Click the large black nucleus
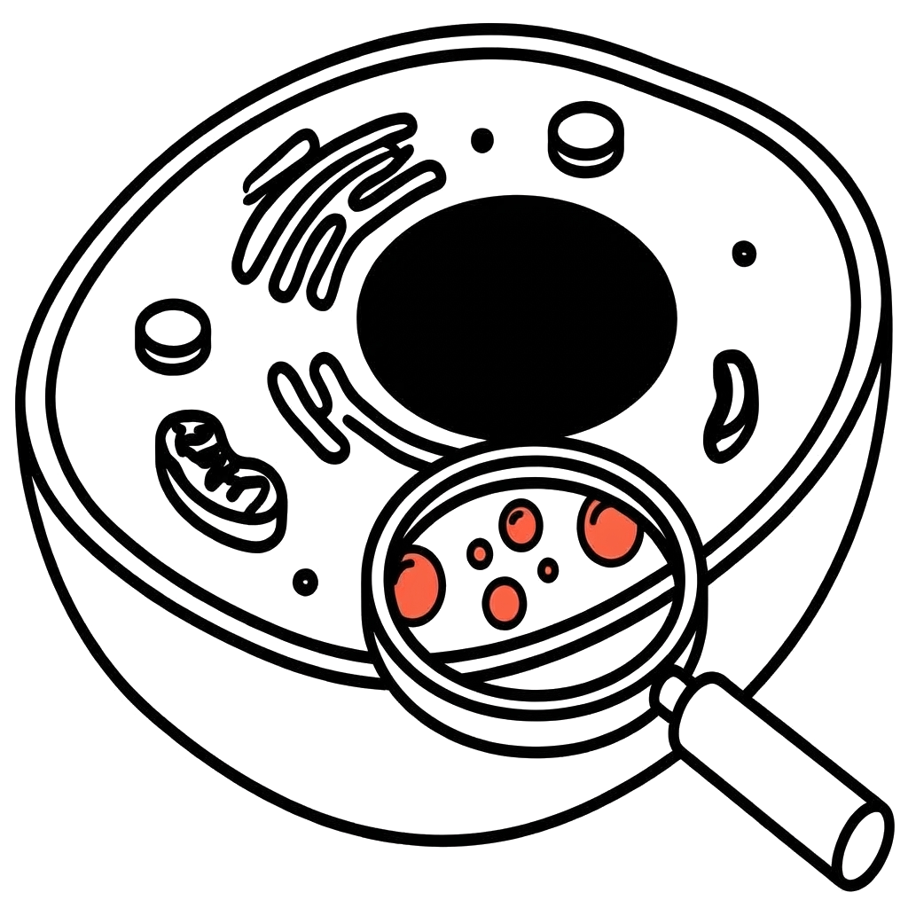(x=516, y=315)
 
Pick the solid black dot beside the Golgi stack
(x=482, y=139)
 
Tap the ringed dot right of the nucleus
(x=744, y=253)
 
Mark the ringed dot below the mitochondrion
(x=305, y=581)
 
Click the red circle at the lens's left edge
(x=418, y=583)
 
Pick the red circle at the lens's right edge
(x=610, y=528)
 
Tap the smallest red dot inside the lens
(x=550, y=568)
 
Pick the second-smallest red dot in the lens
(x=480, y=552)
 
